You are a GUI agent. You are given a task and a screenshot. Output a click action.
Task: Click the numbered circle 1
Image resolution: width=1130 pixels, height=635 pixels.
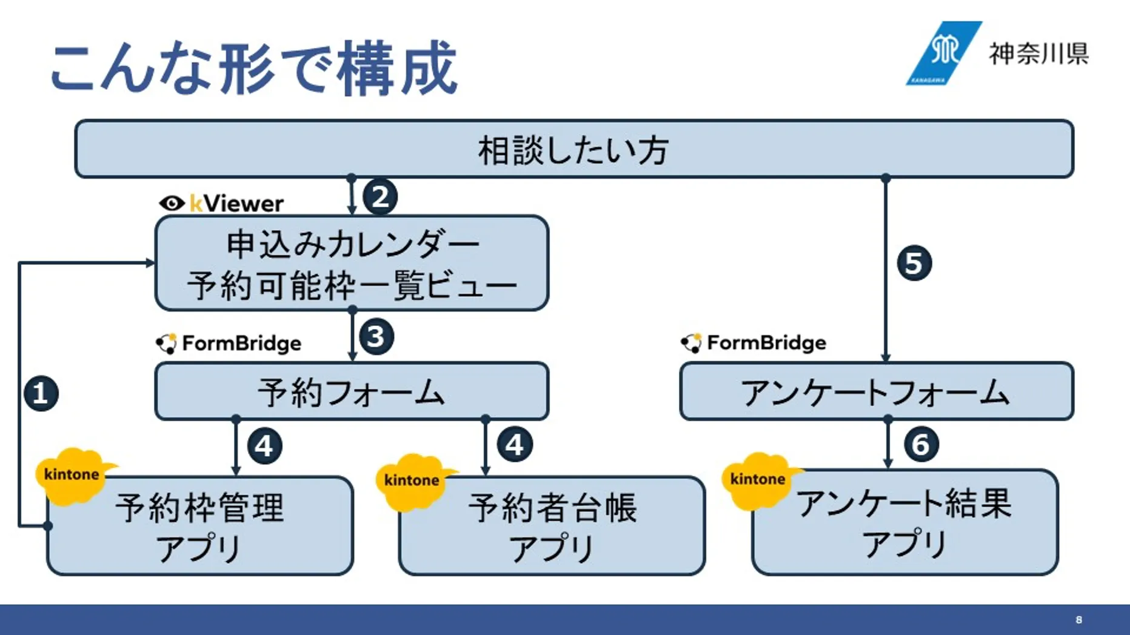pyautogui.click(x=41, y=393)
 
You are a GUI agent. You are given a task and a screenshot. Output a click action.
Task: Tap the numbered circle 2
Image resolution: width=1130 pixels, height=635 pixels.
pyautogui.click(x=379, y=197)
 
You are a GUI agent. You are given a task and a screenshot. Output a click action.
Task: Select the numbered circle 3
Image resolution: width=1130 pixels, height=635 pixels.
pyautogui.click(x=376, y=337)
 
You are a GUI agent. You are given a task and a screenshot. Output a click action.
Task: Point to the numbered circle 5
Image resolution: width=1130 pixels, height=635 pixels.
pyautogui.click(x=914, y=263)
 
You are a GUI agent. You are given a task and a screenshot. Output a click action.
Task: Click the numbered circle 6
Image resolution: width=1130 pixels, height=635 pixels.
pyautogui.click(x=921, y=445)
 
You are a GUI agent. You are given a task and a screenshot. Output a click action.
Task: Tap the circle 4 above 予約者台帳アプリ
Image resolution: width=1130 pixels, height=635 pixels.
pyautogui.click(x=515, y=445)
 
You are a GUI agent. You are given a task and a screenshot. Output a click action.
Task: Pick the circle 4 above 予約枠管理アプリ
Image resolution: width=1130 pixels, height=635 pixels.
pyautogui.click(x=264, y=447)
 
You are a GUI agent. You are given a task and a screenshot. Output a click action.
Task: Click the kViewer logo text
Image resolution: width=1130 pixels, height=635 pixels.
pyautogui.click(x=222, y=204)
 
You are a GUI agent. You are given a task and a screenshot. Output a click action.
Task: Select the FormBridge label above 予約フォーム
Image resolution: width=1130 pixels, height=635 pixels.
pyautogui.click(x=229, y=344)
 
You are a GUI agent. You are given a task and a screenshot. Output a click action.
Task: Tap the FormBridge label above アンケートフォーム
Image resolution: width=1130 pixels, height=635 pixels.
pyautogui.click(x=754, y=343)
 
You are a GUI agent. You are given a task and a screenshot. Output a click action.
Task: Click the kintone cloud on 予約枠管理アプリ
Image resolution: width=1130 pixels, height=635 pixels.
pyautogui.click(x=72, y=475)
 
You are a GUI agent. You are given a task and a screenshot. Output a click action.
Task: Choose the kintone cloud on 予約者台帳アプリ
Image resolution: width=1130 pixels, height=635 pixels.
pyautogui.click(x=412, y=480)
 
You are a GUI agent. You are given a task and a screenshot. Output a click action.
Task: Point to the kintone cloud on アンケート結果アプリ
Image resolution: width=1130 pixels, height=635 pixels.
pyautogui.click(x=758, y=479)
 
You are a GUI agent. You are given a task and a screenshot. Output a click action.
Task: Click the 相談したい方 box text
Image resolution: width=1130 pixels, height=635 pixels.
pyautogui.click(x=573, y=150)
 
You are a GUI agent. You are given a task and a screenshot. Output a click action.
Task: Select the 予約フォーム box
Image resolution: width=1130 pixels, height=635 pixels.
pyautogui.click(x=352, y=391)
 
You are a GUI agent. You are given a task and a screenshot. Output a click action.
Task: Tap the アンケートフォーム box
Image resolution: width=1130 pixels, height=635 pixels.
pyautogui.click(x=876, y=391)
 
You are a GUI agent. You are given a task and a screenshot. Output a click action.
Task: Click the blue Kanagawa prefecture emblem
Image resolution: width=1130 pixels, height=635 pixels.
pyautogui.click(x=943, y=53)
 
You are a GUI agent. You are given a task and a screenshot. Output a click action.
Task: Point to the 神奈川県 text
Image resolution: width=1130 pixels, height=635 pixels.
pyautogui.click(x=1038, y=53)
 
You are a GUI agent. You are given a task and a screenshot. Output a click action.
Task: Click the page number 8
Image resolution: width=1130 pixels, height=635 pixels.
pyautogui.click(x=1078, y=620)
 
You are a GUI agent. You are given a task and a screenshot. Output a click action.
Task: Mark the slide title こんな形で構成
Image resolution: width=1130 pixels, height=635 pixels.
pyautogui.click(x=253, y=68)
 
